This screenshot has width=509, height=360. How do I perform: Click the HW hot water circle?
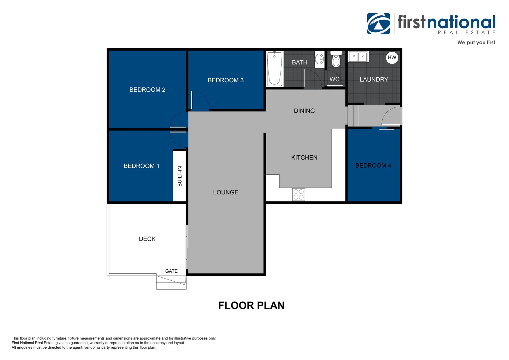392,58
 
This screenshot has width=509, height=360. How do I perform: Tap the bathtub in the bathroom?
274,69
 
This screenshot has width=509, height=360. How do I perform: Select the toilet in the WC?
336,60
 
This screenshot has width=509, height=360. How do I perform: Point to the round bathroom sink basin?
319,59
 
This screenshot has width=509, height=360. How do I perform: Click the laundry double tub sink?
358,57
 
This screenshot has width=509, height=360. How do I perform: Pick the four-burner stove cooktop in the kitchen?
298,194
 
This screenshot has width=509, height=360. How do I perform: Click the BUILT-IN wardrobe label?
180,176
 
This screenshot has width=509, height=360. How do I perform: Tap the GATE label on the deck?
171,271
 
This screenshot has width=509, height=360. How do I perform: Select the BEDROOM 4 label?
373,166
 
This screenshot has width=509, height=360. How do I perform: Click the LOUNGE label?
226,192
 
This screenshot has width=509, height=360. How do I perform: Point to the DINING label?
304,111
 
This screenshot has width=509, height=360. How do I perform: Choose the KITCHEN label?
304,158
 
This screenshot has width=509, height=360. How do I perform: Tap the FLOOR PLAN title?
251,305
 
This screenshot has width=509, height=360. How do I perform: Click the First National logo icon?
378,24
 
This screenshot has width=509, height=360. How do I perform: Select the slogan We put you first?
476,42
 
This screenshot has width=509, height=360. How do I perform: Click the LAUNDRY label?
374,80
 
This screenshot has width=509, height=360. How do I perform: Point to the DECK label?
147,239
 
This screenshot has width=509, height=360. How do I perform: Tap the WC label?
334,79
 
